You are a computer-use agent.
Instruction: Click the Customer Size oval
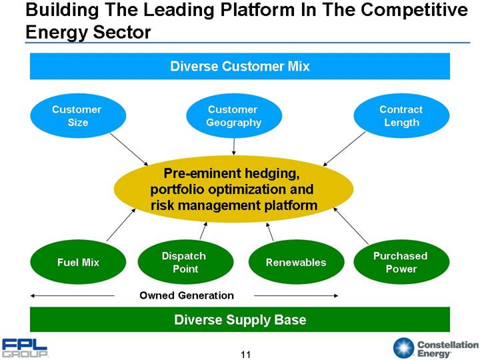tap(77, 116)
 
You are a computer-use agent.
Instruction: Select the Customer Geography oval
tap(233, 116)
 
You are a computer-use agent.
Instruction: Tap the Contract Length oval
tap(401, 116)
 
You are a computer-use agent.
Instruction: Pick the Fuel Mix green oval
tap(78, 263)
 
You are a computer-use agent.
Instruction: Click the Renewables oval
tap(296, 263)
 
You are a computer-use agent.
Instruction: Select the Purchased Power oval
tap(401, 263)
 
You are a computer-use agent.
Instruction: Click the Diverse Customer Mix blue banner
tap(240, 67)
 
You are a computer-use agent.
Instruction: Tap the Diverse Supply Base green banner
tap(240, 320)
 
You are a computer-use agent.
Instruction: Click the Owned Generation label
tap(187, 295)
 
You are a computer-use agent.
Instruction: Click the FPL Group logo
tap(25, 348)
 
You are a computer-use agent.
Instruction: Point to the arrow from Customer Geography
tap(233, 145)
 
